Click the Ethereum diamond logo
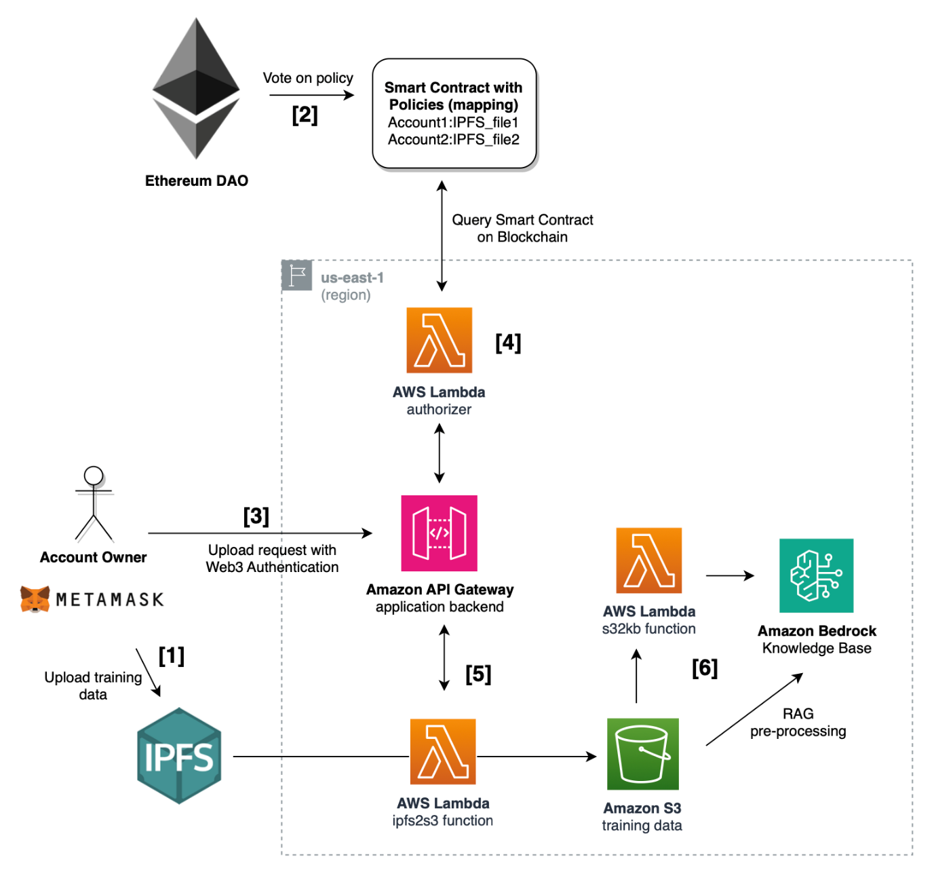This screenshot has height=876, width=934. (196, 88)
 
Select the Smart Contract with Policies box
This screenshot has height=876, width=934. (454, 113)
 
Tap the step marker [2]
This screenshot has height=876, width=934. (305, 115)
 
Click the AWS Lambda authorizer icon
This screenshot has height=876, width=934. (439, 340)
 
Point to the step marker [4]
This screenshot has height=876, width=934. (508, 343)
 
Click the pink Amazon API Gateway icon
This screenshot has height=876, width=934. (439, 533)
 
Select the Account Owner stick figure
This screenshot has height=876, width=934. (94, 503)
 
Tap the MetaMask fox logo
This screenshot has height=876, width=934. (35, 599)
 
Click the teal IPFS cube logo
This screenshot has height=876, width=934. (179, 756)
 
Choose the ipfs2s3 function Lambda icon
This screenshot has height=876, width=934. (443, 751)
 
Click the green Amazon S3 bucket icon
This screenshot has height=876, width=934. (642, 754)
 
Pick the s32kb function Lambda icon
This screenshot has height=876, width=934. (648, 560)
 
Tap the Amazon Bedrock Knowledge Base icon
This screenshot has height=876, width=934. (816, 575)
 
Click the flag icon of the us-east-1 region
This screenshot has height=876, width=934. (296, 275)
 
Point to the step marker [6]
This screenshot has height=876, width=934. (705, 668)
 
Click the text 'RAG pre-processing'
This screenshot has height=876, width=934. (798, 723)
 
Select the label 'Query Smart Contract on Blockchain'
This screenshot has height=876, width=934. (522, 228)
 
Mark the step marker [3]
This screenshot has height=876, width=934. (256, 516)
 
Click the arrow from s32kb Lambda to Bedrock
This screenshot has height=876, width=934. (730, 575)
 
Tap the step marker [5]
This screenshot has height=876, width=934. (478, 674)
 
